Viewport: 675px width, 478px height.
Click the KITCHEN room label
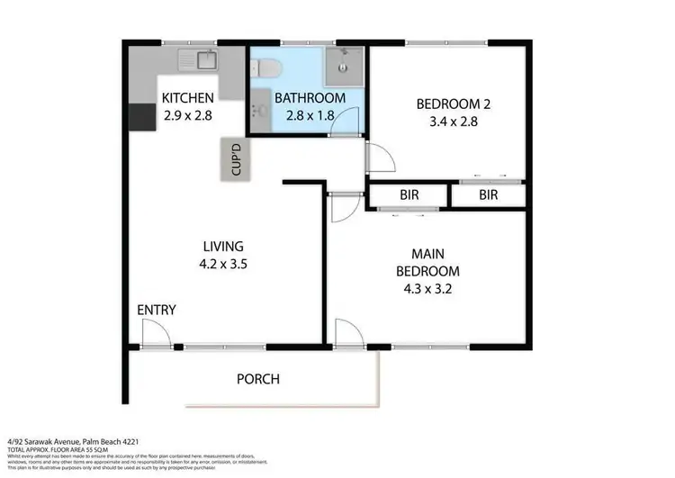(x=187, y=98)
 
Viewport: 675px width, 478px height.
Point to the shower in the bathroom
(x=345, y=62)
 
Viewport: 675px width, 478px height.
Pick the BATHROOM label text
(x=310, y=98)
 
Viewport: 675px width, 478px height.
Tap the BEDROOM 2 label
(x=446, y=104)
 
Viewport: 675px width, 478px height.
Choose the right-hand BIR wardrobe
(x=488, y=194)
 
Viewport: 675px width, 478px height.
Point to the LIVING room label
(x=222, y=247)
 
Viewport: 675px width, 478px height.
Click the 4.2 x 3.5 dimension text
(x=222, y=265)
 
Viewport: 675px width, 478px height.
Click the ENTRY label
(x=156, y=311)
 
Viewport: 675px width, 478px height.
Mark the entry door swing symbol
(x=154, y=335)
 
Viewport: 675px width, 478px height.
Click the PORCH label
(x=257, y=379)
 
